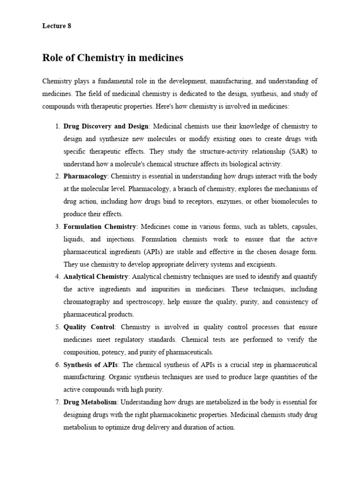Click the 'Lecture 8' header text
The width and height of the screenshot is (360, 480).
click(56, 26)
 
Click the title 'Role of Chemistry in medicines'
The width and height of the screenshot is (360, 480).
click(112, 58)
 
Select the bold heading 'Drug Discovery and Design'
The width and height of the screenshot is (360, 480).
click(106, 127)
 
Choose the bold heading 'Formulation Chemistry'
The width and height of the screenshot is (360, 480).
click(100, 227)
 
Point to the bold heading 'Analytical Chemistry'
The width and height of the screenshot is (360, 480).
click(96, 277)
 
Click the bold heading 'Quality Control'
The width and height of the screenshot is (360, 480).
click(89, 327)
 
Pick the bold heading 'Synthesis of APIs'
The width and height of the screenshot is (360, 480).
click(91, 365)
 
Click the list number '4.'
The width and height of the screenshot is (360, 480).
click(57, 277)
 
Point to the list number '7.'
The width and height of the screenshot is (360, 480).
click(57, 403)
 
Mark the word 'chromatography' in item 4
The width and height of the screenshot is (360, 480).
click(87, 302)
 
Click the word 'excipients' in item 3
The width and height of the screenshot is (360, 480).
click(261, 264)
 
